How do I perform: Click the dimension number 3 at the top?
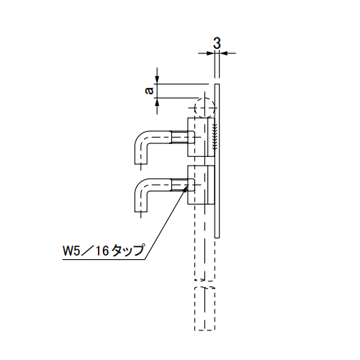click(217, 43)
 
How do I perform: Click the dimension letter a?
click(150, 91)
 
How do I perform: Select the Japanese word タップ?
click(128, 251)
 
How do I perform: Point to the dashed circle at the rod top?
click(204, 108)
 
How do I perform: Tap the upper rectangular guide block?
click(197, 137)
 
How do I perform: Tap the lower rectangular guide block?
click(197, 185)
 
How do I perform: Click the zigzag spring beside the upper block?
click(215, 136)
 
